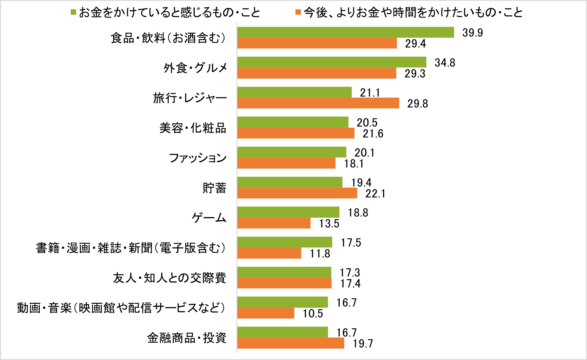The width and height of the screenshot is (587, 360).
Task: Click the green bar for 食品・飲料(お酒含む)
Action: [x=345, y=32]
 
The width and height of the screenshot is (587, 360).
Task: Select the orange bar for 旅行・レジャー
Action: [x=318, y=103]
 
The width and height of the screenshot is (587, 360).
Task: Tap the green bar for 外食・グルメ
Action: [x=332, y=62]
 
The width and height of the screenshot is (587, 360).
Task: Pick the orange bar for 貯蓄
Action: [x=297, y=193]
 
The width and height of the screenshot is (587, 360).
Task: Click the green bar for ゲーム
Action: [x=288, y=212]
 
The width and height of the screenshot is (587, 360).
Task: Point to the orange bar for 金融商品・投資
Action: [x=291, y=343]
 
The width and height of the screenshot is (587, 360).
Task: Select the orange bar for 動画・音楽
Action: [x=266, y=313]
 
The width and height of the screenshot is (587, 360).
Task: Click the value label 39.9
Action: [x=472, y=33]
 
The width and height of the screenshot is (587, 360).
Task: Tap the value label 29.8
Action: [x=418, y=104]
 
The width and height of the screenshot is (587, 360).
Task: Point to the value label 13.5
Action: [x=329, y=224]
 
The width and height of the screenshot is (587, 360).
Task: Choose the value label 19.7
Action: [x=363, y=343]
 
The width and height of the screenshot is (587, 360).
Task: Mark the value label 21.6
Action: [x=373, y=134]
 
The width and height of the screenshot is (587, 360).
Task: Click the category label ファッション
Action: [x=198, y=158]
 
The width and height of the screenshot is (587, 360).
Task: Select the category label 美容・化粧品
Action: [x=193, y=128]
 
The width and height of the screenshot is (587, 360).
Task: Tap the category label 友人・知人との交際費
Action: [x=170, y=278]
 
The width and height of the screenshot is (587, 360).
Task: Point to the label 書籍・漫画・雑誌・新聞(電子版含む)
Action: [x=131, y=248]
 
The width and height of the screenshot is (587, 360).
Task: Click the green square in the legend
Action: [x=73, y=12]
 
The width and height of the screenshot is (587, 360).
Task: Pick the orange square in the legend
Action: [x=298, y=12]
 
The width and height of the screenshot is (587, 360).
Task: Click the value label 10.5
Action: [x=313, y=314]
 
